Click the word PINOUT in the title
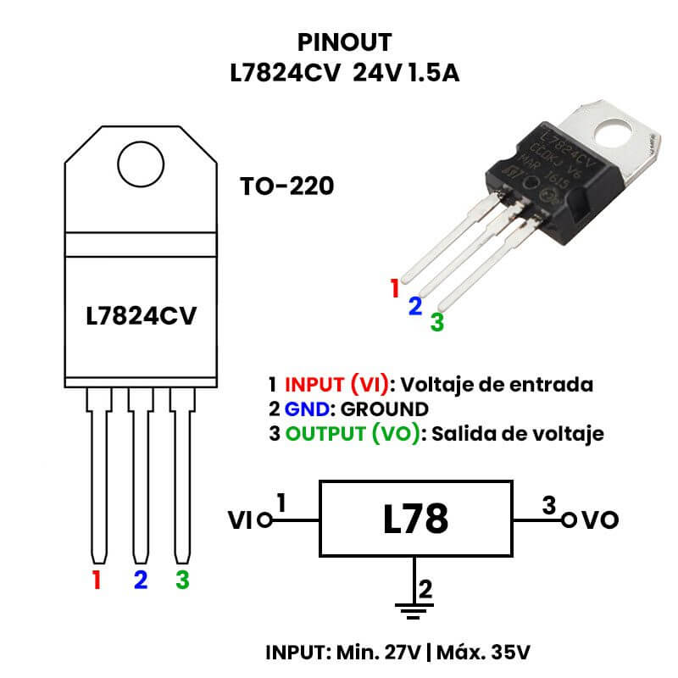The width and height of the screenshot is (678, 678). [345, 42]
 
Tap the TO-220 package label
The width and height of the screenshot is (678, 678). [286, 186]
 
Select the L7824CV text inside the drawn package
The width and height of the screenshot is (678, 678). [141, 316]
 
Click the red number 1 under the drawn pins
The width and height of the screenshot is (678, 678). [97, 581]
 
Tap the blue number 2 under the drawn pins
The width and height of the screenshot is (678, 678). [141, 581]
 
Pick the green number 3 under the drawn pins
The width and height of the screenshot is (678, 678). [182, 581]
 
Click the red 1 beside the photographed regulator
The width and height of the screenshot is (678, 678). [394, 288]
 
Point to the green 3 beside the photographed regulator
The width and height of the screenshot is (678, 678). [436, 322]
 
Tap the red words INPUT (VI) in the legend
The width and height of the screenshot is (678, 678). [336, 383]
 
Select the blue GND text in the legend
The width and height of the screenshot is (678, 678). [306, 408]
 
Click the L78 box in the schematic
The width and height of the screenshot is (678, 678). [414, 519]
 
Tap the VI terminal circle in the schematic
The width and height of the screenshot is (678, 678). [264, 520]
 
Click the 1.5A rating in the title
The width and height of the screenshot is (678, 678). [432, 73]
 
